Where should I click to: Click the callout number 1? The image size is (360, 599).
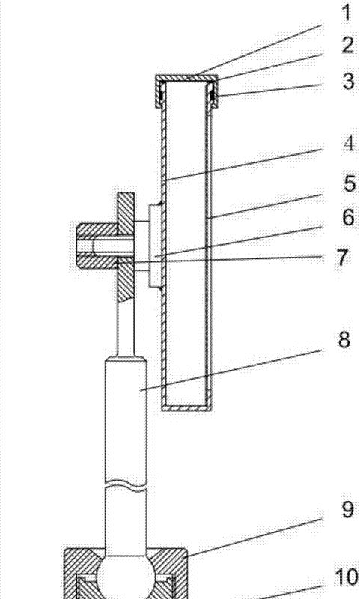pyautogui.click(x=347, y=13)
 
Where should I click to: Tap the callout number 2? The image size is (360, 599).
pyautogui.click(x=347, y=46)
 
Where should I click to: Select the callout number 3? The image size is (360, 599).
pyautogui.click(x=348, y=82)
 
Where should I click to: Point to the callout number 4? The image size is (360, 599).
pyautogui.click(x=349, y=144)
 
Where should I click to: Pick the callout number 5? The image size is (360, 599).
pyautogui.click(x=350, y=183)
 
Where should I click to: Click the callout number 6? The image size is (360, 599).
pyautogui.click(x=348, y=217)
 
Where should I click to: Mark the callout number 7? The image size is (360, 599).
pyautogui.click(x=343, y=258)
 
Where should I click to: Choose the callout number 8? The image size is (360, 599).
pyautogui.click(x=344, y=339)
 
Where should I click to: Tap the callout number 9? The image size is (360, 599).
pyautogui.click(x=347, y=509)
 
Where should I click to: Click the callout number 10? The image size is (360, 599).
pyautogui.click(x=347, y=577)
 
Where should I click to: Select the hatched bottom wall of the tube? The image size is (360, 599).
pyautogui.click(x=186, y=407)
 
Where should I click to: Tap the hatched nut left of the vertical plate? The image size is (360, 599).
pyautogui.click(x=97, y=246)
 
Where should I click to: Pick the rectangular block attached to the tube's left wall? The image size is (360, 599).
pyautogui.click(x=155, y=246)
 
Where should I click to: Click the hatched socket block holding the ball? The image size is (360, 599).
pyautogui.click(x=125, y=573)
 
